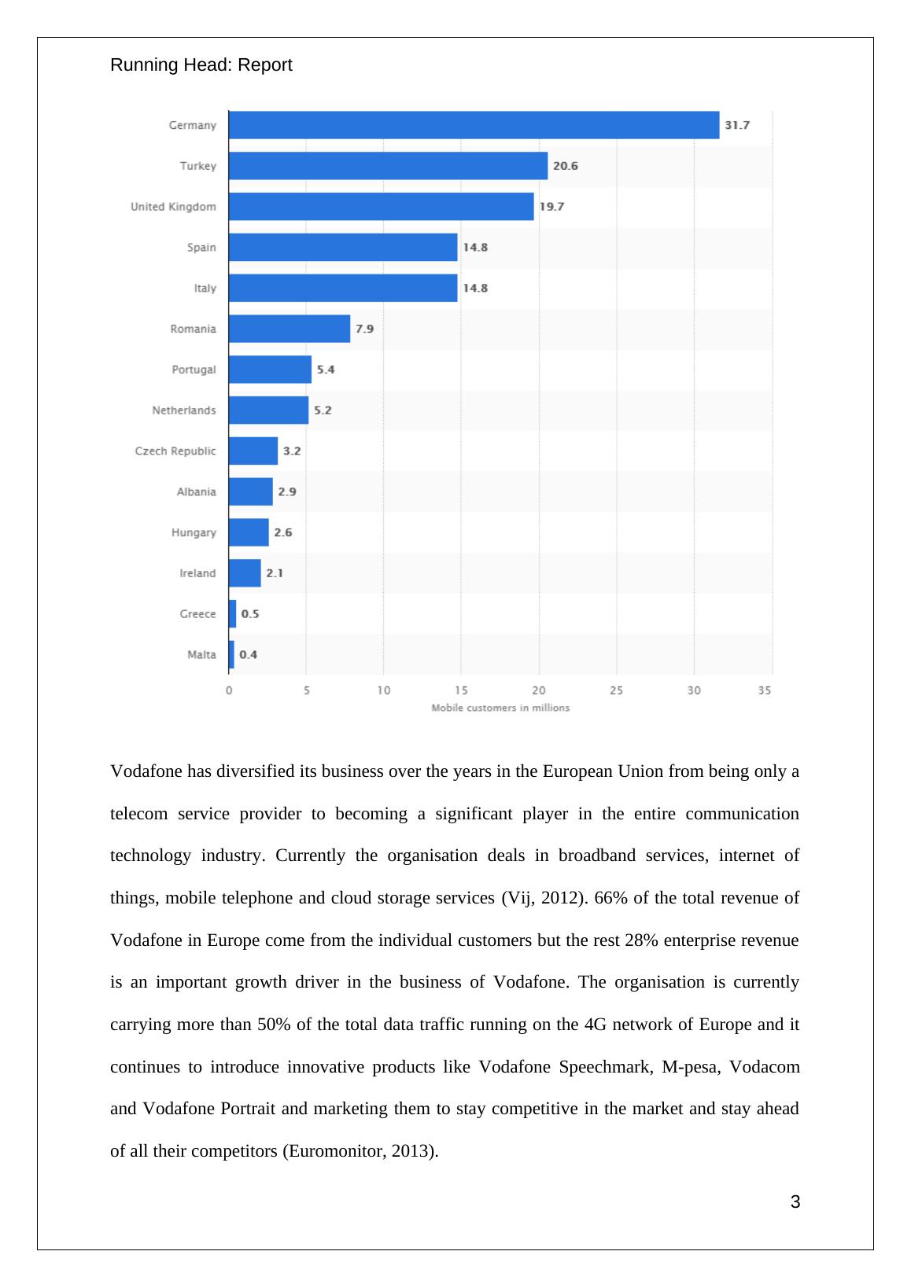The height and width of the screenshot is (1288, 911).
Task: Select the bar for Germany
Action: (474, 125)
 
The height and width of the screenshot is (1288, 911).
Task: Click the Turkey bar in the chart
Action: (388, 166)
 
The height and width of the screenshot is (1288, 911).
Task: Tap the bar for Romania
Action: (290, 329)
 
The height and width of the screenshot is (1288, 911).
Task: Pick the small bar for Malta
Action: (231, 654)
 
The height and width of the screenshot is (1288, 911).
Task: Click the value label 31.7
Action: (737, 125)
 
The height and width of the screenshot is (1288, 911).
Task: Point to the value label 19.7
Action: (551, 207)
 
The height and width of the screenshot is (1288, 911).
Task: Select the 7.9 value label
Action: (364, 329)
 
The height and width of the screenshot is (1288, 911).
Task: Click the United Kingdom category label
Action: (173, 207)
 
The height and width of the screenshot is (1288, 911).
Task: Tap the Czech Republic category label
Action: (175, 451)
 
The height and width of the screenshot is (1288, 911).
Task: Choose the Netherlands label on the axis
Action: (183, 410)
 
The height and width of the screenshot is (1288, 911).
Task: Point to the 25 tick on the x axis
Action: (616, 690)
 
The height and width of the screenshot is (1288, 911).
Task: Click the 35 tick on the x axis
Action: (765, 690)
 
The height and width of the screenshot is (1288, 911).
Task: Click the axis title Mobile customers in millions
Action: (500, 708)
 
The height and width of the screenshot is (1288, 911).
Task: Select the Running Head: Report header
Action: (201, 65)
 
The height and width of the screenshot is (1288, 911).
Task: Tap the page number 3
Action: (795, 1202)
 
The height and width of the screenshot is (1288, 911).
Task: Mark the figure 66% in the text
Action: (611, 898)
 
